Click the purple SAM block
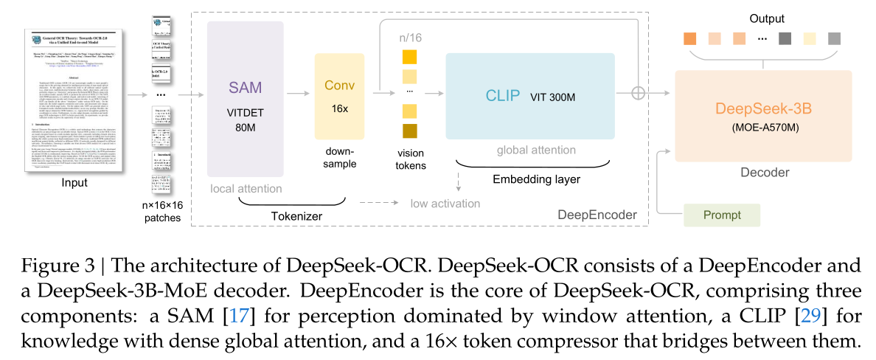246,109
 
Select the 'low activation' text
445,203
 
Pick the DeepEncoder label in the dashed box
599,215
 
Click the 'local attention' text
246,188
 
